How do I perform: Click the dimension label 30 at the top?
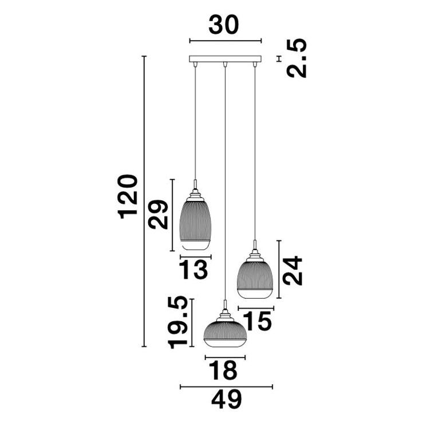click(x=224, y=25)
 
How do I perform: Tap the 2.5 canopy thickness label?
click(x=297, y=58)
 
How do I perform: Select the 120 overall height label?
click(x=128, y=196)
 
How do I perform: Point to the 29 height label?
click(x=158, y=215)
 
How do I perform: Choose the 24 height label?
click(x=292, y=271)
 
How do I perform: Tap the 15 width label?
click(x=257, y=321)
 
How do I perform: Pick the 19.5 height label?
click(x=177, y=323)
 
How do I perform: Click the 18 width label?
click(x=223, y=370)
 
